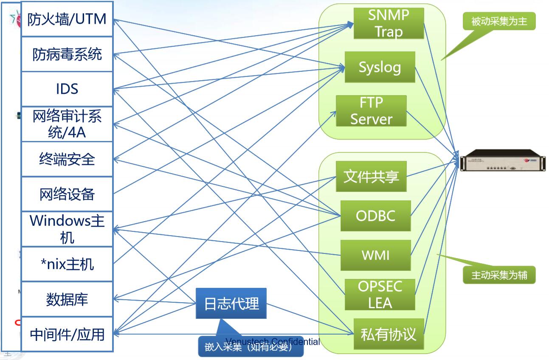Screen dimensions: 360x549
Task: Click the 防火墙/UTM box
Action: pyautogui.click(x=67, y=19)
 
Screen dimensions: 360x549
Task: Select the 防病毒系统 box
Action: pyautogui.click(x=67, y=54)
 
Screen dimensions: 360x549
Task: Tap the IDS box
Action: pyautogui.click(x=67, y=89)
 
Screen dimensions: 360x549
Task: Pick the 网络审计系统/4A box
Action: pyautogui.click(x=67, y=124)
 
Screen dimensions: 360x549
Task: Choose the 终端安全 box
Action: pyautogui.click(x=67, y=160)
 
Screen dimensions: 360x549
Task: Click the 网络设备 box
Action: pyautogui.click(x=67, y=194)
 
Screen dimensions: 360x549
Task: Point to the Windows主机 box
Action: pyautogui.click(x=67, y=229)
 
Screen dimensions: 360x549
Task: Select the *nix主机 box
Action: pyautogui.click(x=67, y=264)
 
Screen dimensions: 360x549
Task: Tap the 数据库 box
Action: pyautogui.click(x=67, y=299)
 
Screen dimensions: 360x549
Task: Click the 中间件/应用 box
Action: pyautogui.click(x=67, y=335)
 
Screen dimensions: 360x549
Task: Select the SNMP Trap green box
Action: pyautogui.click(x=389, y=23)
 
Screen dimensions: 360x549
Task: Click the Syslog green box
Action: pyautogui.click(x=380, y=67)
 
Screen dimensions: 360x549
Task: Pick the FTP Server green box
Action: pyautogui.click(x=371, y=111)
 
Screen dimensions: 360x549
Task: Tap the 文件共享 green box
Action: pyautogui.click(x=371, y=176)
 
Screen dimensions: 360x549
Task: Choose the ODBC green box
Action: pyautogui.click(x=375, y=216)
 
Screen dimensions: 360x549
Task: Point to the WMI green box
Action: pyautogui.click(x=375, y=255)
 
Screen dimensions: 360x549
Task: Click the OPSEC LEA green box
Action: pyautogui.click(x=380, y=295)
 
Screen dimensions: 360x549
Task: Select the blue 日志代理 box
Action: pyautogui.click(x=231, y=304)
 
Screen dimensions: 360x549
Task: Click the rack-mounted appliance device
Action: pyautogui.click(x=503, y=160)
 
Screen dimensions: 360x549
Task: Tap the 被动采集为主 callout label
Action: pyautogui.click(x=499, y=21)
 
